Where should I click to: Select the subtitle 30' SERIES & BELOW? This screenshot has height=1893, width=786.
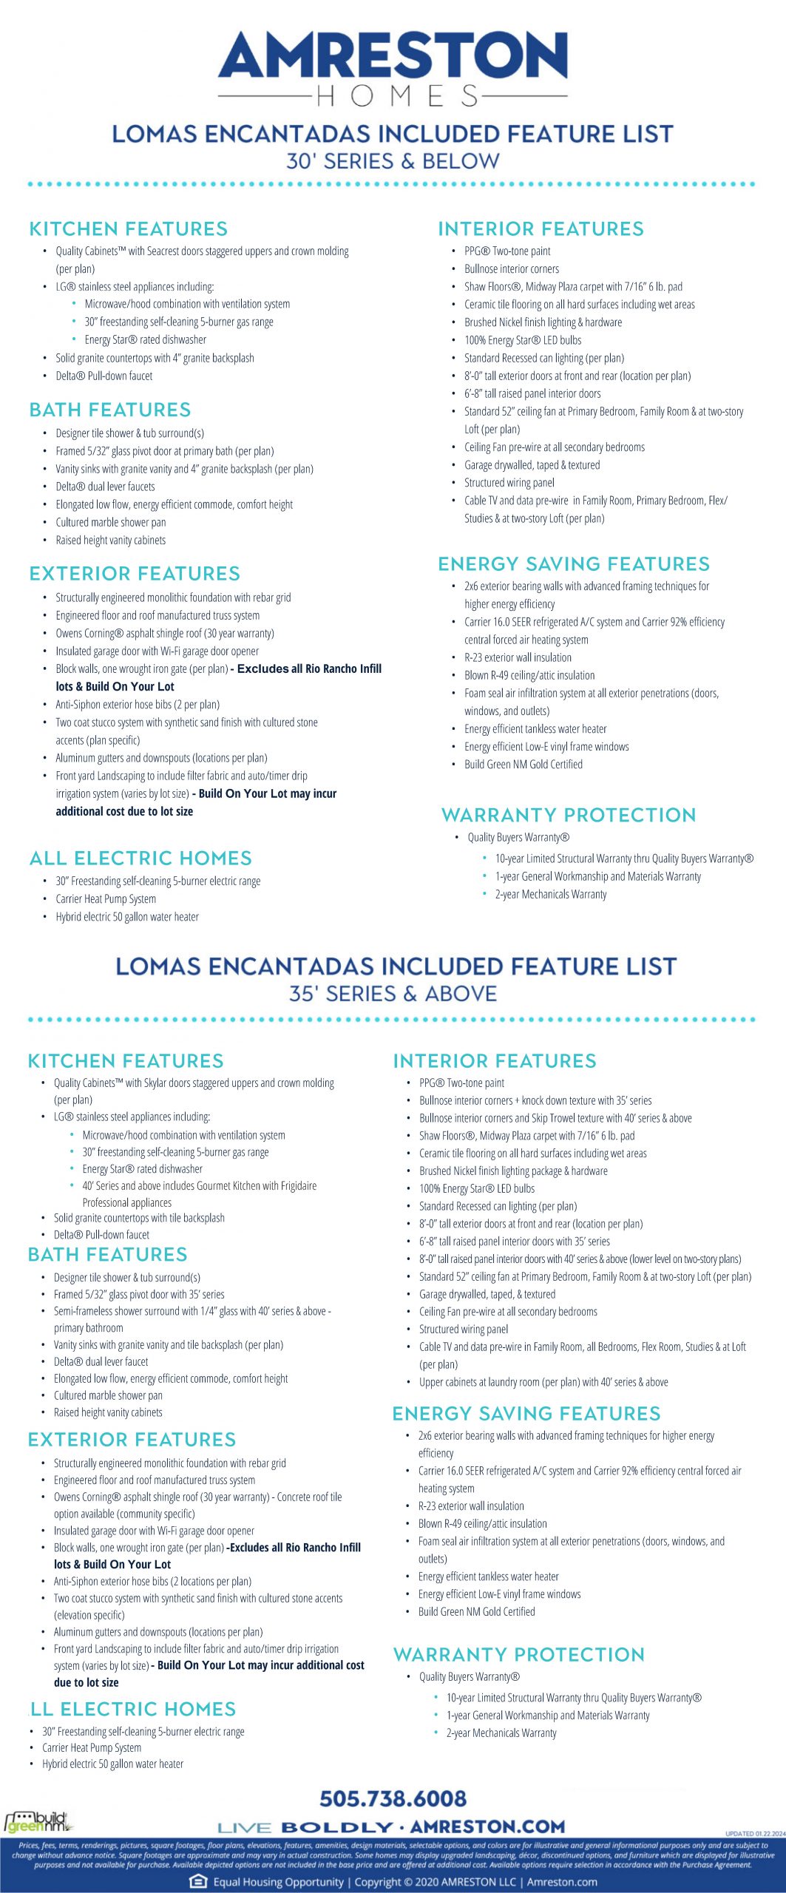393,161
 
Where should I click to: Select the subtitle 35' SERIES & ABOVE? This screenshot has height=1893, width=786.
393,993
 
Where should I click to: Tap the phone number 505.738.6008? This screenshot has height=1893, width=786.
393,1798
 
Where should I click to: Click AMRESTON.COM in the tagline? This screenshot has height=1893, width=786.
487,1826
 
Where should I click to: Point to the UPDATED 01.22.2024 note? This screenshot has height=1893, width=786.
755,1834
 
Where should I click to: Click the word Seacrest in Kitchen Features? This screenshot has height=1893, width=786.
163,251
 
